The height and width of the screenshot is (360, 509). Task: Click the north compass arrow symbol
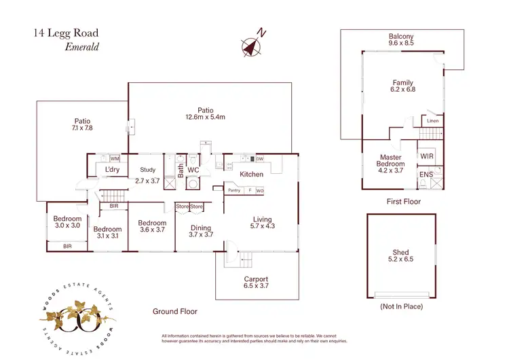point(252,45)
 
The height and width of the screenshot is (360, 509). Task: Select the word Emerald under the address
point(82,47)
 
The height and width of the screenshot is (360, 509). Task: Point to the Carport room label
point(256,279)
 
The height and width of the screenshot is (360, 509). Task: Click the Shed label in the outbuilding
point(400,253)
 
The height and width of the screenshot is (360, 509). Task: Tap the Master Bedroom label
point(390,160)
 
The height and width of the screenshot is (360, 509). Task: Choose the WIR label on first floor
point(427,157)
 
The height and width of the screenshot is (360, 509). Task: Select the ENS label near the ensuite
point(425,175)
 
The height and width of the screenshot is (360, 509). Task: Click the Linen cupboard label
point(433,122)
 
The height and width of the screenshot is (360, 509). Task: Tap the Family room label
point(402,84)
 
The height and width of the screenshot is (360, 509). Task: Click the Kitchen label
point(252,175)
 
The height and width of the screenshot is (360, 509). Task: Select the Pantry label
point(235,191)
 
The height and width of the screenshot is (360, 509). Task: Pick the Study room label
point(148,170)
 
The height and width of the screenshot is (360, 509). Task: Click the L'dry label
point(112,170)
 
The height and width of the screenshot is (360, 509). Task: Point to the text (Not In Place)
point(402,306)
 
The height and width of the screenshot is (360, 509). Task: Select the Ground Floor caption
point(174,312)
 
